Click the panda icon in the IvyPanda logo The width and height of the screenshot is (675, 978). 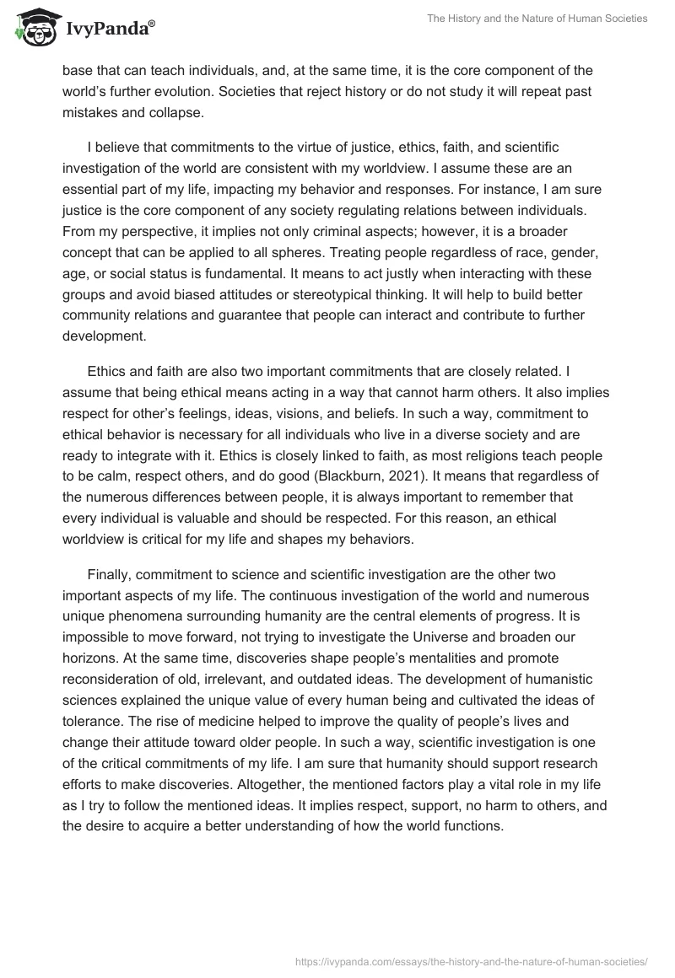click(x=31, y=28)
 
